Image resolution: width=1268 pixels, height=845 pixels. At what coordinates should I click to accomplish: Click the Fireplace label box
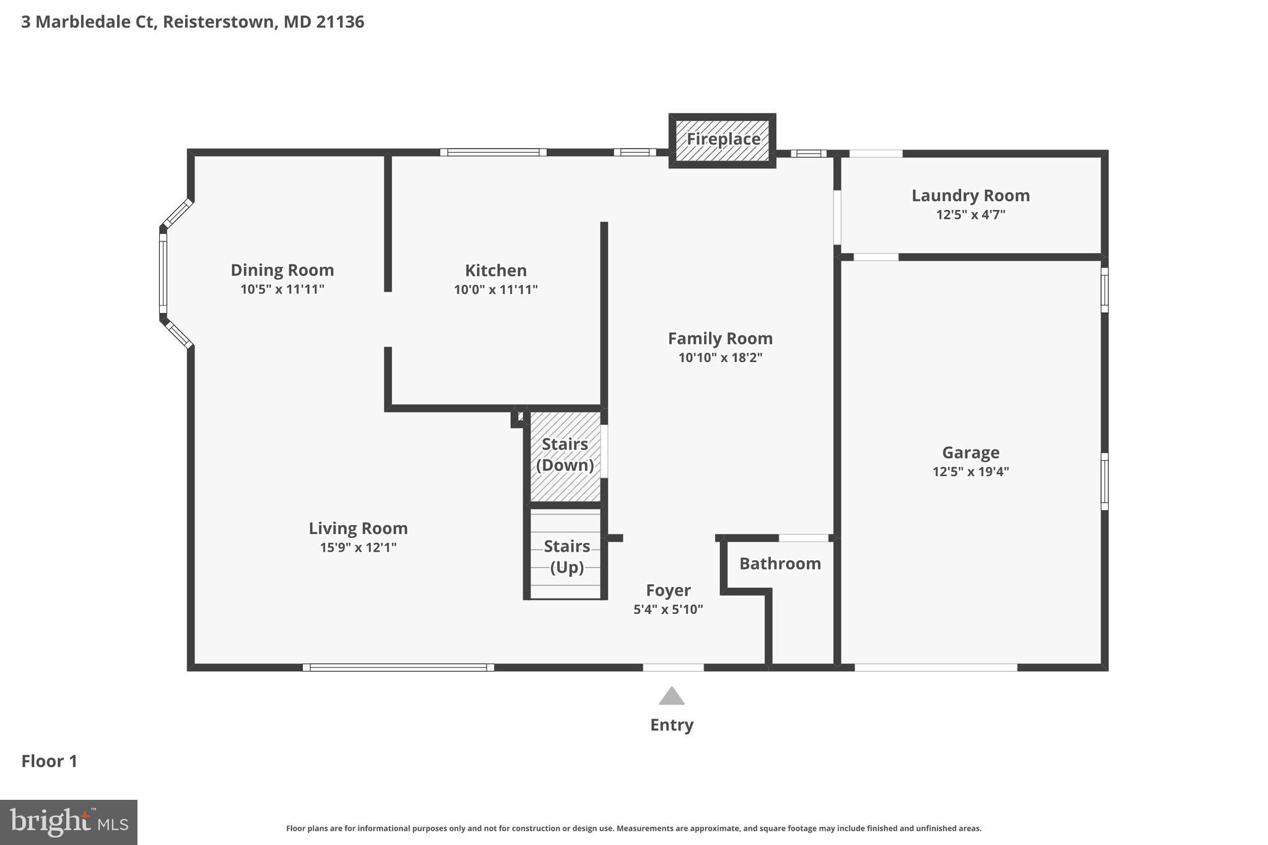tap(723, 139)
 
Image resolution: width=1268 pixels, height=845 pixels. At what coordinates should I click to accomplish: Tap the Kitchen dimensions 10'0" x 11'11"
tap(495, 290)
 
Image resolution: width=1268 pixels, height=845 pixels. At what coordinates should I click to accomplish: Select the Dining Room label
tap(282, 270)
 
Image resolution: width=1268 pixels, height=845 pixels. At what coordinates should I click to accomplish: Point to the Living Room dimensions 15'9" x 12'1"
tap(358, 547)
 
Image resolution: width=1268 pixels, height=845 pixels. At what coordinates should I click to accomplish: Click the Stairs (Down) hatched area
tap(565, 456)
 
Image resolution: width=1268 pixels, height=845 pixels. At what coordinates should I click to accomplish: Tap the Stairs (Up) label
tap(567, 557)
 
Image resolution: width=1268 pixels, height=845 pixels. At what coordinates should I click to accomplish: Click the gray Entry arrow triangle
tap(672, 697)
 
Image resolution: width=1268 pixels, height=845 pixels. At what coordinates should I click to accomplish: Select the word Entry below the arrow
tap(672, 725)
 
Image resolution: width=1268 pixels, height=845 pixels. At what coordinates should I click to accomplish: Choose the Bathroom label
tap(779, 563)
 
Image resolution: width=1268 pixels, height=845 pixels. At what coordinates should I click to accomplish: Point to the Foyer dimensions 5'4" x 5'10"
tap(668, 609)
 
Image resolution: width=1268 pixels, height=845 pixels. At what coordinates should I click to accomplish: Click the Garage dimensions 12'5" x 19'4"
tap(970, 472)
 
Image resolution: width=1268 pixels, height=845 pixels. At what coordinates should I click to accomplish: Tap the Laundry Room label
tap(970, 196)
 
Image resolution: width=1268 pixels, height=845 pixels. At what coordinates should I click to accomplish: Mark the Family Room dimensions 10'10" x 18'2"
tap(720, 358)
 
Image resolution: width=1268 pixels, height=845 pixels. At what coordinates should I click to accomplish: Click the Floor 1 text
tap(50, 761)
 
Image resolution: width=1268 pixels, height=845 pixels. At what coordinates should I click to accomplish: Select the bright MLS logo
tap(68, 822)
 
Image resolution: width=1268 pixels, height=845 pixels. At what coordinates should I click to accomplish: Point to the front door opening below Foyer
tap(673, 667)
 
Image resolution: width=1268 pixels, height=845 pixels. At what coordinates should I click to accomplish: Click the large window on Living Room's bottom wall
tap(398, 667)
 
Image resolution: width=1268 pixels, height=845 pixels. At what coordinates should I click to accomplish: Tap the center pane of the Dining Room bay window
tap(163, 273)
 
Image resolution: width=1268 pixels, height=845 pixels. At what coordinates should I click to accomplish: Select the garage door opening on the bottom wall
tap(936, 667)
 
